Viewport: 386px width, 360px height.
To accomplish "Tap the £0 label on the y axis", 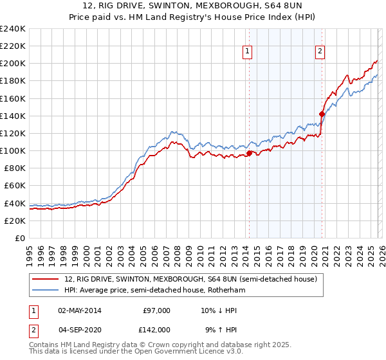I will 19,238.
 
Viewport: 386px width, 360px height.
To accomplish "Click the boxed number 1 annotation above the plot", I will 248,52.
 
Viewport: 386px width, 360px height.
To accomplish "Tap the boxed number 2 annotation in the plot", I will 320,52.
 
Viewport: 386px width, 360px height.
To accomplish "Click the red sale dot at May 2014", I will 249,153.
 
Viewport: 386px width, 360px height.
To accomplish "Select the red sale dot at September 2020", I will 322,114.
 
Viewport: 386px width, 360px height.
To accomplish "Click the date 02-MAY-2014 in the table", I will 80,310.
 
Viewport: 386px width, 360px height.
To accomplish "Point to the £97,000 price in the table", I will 156,310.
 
